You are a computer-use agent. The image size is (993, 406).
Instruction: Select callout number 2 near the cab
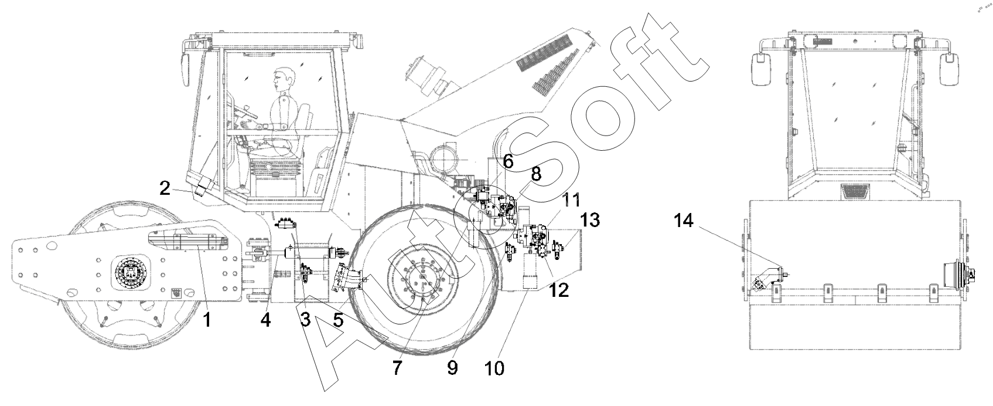(165, 188)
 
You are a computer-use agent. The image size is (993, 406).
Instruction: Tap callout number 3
(305, 320)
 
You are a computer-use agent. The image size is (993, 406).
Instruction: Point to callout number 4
(266, 320)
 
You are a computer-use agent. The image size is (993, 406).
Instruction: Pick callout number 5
(339, 320)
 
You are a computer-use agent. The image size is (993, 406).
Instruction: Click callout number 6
(507, 162)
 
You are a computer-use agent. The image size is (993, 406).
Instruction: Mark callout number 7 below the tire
(397, 368)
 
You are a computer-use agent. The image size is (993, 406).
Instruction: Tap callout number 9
(452, 368)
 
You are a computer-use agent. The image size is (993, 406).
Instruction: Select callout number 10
(494, 368)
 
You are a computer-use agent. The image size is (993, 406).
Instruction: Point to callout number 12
(559, 289)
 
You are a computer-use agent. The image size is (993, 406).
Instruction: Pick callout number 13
(590, 221)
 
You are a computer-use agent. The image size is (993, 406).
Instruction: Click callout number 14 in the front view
(683, 221)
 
